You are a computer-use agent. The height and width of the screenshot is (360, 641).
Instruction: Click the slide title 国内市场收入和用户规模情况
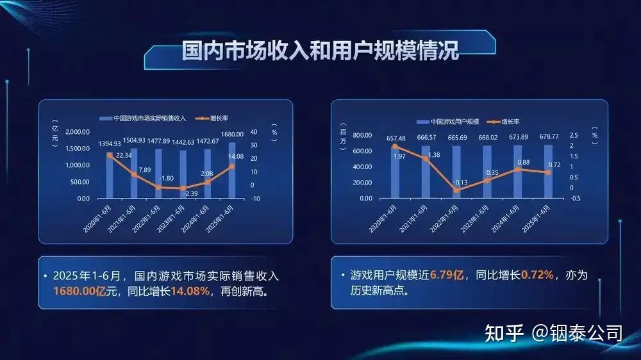(x=320, y=51)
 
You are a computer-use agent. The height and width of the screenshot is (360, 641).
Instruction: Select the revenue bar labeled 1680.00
(x=232, y=170)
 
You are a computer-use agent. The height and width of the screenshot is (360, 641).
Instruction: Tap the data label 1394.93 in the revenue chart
(x=110, y=143)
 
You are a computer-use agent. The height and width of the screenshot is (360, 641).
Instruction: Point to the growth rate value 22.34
(x=124, y=155)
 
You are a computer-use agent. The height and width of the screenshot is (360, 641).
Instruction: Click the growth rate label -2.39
(x=190, y=193)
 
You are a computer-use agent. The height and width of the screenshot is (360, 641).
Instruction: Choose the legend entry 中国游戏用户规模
(x=447, y=122)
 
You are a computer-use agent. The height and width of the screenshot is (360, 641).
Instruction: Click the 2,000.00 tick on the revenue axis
(x=78, y=132)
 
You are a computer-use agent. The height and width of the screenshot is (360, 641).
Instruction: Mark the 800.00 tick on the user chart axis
(x=362, y=135)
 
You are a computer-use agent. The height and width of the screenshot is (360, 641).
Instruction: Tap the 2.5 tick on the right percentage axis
(x=574, y=135)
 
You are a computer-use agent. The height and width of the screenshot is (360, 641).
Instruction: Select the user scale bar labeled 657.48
(x=395, y=172)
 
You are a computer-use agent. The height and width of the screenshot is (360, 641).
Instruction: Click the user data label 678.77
(x=549, y=136)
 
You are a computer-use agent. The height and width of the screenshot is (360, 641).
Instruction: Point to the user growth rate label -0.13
(x=460, y=183)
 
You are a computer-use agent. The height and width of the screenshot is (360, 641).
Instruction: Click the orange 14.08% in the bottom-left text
(x=190, y=291)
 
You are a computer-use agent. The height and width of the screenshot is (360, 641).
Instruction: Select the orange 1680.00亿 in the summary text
(x=79, y=291)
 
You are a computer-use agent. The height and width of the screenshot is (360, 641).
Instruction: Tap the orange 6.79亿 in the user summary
(x=447, y=275)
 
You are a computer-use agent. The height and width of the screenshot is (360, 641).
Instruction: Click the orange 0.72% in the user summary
(x=538, y=275)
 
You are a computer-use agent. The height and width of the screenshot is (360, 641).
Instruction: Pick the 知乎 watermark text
(x=504, y=333)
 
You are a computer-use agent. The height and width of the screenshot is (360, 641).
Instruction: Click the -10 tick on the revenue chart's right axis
(x=256, y=199)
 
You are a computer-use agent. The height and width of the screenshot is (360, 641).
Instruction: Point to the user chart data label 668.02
(x=488, y=138)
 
